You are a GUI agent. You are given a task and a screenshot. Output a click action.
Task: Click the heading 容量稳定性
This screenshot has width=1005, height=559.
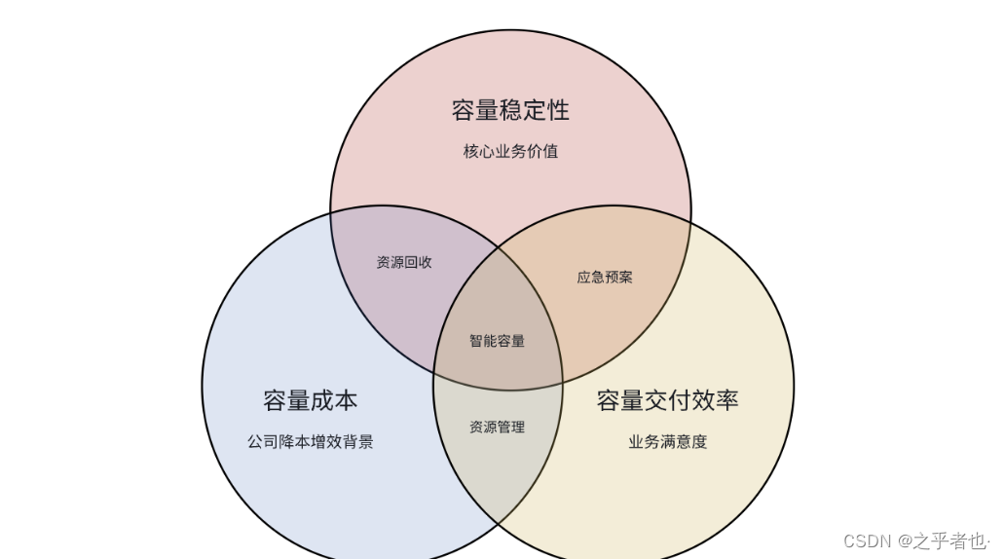point(510,110)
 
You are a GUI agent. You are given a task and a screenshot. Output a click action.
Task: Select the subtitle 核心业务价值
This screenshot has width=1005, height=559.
point(510,152)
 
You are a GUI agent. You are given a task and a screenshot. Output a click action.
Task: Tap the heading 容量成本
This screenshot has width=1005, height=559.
point(310,400)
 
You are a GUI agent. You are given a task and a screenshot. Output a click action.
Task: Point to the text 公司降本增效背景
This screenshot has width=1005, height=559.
point(310,442)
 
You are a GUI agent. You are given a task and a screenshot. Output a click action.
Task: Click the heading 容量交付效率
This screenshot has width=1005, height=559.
point(667,400)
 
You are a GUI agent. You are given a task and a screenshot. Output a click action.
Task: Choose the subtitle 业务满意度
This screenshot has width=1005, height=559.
point(667,442)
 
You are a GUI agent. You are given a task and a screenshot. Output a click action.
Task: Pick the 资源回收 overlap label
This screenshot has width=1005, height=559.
point(404,263)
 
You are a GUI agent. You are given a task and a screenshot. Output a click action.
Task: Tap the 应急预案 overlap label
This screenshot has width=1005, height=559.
point(605,278)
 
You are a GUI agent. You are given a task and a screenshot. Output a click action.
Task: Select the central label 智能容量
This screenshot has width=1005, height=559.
point(497,341)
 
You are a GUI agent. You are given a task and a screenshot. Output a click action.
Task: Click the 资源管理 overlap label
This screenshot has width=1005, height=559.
point(497,427)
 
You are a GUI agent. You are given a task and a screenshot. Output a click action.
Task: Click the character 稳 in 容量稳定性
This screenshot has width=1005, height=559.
point(510,110)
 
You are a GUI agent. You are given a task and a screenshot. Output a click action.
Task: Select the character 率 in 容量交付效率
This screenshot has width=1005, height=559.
point(726,400)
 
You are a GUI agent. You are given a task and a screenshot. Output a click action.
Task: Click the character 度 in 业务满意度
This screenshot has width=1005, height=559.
point(699,442)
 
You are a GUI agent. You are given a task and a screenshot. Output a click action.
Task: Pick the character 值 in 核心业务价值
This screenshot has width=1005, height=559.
point(550,152)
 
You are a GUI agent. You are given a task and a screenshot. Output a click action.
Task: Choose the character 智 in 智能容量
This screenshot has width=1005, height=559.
point(476,341)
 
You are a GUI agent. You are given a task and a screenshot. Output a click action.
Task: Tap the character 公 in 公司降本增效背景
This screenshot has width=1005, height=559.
point(255,442)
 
